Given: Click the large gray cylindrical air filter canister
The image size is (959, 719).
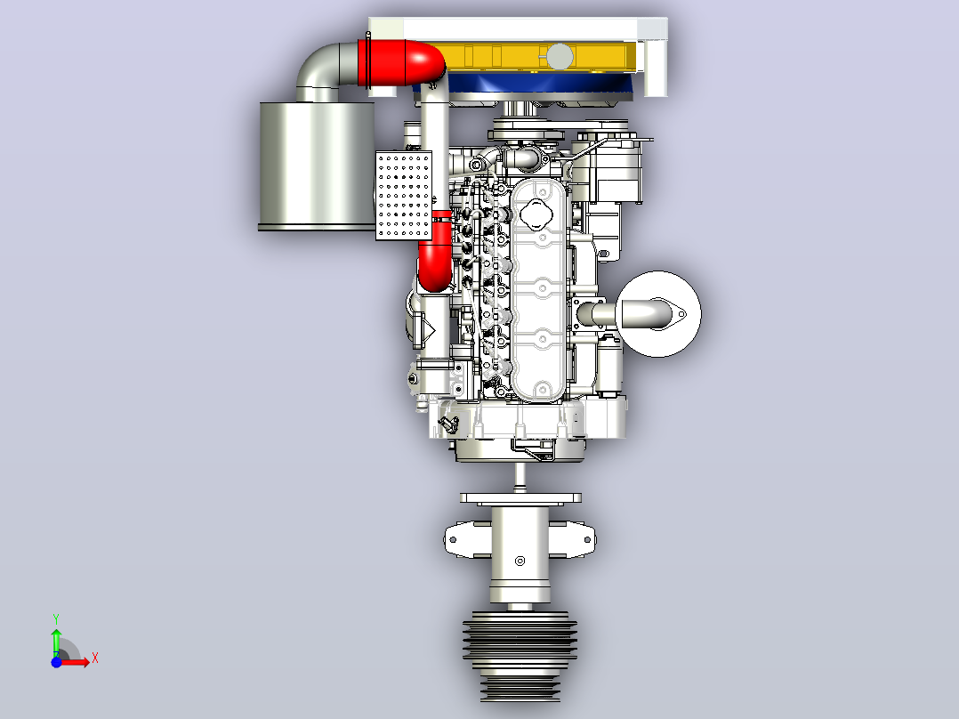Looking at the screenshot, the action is [317, 166].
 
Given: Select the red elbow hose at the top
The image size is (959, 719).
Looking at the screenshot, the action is [404, 61].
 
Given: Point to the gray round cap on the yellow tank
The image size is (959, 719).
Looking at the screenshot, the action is [559, 57].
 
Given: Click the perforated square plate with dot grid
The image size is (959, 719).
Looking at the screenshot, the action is [404, 195].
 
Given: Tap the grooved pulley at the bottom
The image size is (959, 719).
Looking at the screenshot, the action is [520, 655].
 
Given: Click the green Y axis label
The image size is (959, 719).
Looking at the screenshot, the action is [56, 619].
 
